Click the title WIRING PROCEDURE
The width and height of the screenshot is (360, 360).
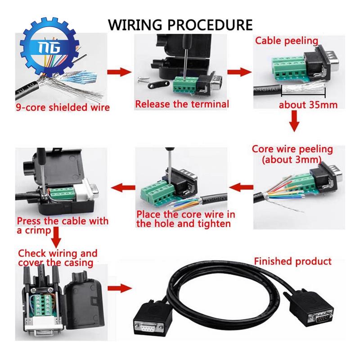(180, 25)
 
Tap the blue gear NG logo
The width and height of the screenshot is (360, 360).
(49, 47)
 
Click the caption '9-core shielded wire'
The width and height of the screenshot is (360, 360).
(63, 108)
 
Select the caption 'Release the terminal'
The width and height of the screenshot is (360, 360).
(182, 104)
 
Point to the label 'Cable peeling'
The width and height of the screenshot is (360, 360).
(287, 41)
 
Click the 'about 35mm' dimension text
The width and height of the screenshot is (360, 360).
(308, 105)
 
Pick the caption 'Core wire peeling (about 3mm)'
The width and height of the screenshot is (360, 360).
(292, 154)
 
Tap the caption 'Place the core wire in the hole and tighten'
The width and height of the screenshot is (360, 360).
(186, 219)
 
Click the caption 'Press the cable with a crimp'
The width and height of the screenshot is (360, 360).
(63, 226)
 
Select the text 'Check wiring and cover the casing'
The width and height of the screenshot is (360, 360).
(58, 258)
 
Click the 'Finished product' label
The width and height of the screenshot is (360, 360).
(293, 261)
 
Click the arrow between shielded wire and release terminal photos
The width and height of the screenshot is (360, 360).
(119, 72)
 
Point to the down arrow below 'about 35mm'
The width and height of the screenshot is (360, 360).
(294, 121)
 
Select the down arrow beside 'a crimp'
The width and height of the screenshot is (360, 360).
(56, 238)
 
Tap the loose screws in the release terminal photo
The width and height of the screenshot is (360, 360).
(144, 80)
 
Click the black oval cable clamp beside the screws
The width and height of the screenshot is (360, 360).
(157, 85)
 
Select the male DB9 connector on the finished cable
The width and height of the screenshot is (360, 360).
(311, 308)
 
